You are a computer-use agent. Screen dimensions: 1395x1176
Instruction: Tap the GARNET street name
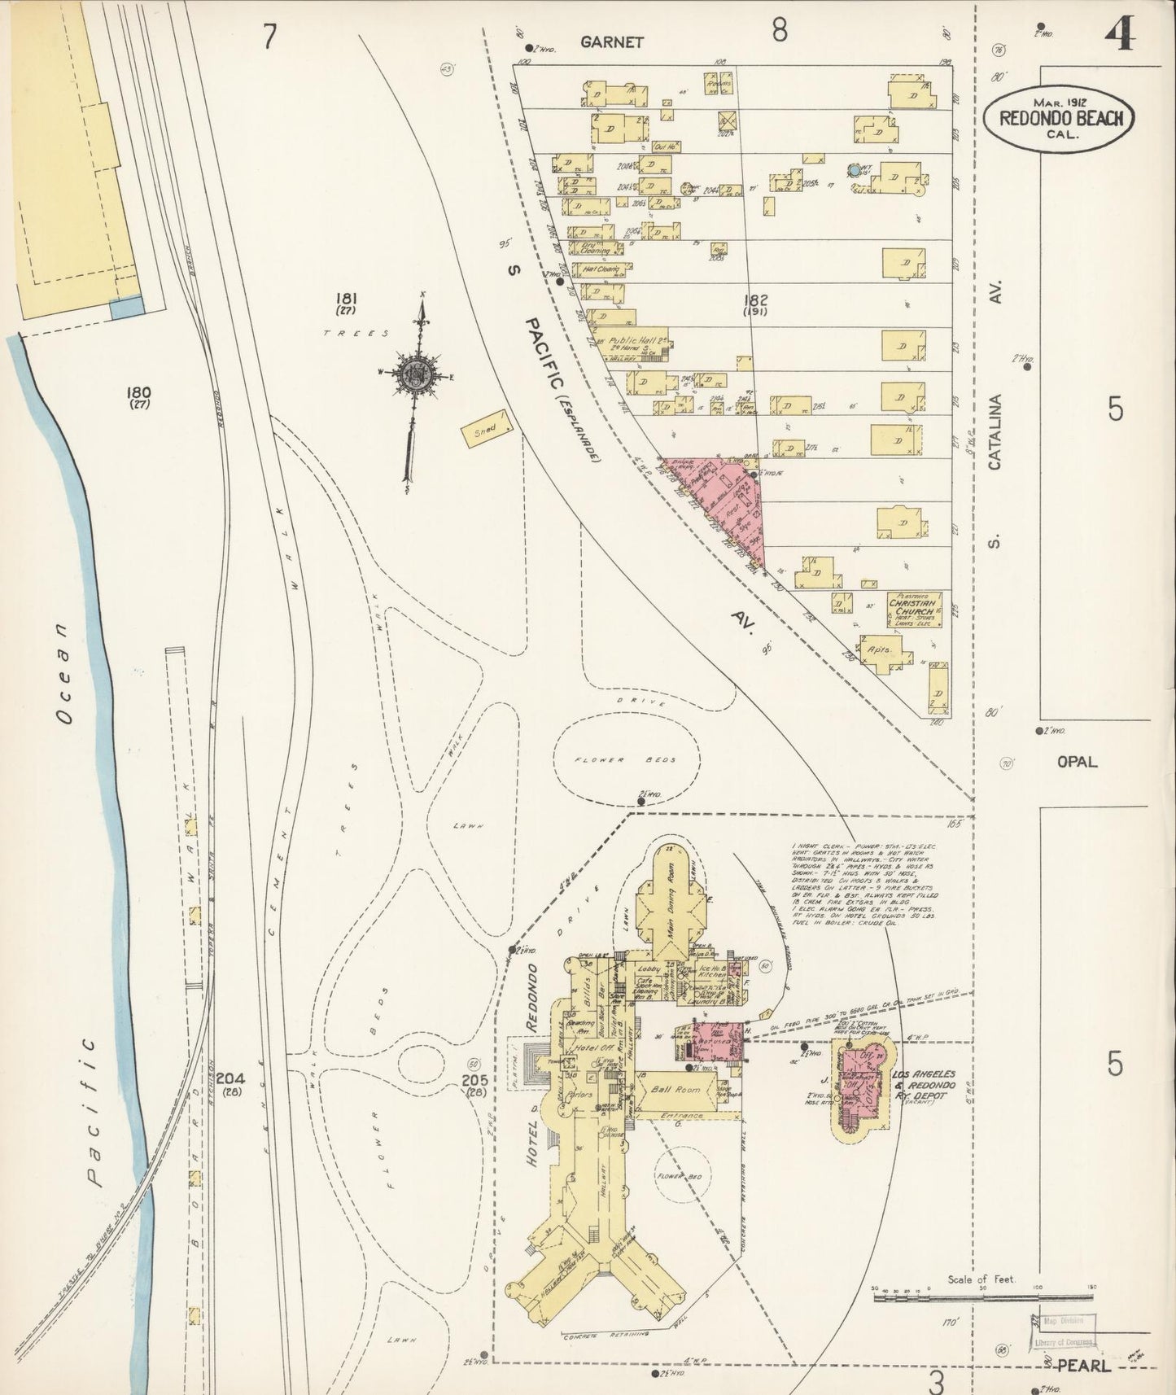[x=612, y=43]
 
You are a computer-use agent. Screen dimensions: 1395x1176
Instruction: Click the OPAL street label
[x=1077, y=763]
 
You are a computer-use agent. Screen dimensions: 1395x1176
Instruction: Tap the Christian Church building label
[x=913, y=609]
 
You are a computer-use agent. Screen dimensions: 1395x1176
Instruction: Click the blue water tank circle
[x=853, y=170]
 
